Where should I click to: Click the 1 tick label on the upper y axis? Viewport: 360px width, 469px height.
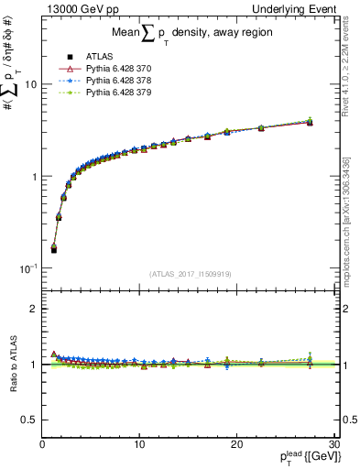pyautogui.click(x=33, y=176)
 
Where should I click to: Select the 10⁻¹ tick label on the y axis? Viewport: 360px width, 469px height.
pyautogui.click(x=27, y=267)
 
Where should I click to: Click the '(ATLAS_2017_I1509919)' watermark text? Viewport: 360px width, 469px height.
pyautogui.click(x=189, y=273)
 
